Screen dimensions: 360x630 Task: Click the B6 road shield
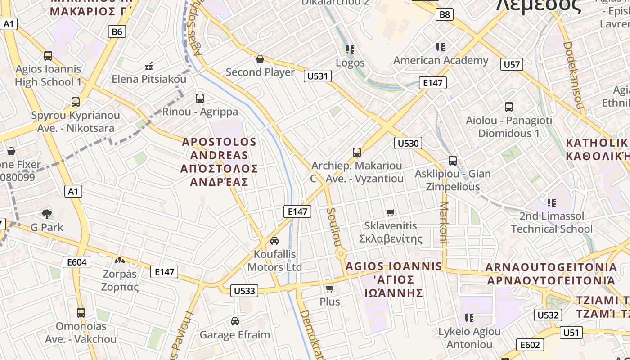tap(117, 31)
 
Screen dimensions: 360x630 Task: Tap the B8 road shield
tap(444, 14)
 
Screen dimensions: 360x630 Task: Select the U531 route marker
tap(318, 76)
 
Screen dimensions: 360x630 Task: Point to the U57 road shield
tap(512, 64)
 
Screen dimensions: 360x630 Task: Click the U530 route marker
tap(408, 144)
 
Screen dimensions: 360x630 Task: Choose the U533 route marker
tap(245, 291)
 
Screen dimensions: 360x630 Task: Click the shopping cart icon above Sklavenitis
tap(391, 212)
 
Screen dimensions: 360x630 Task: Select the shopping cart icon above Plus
tap(330, 288)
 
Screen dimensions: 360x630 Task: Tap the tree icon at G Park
tap(46, 214)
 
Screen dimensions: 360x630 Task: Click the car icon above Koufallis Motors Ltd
tap(274, 241)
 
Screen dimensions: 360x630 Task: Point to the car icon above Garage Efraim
tap(234, 321)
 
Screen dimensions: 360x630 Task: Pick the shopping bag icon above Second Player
tap(260, 59)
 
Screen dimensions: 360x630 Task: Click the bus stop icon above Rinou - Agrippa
tap(200, 98)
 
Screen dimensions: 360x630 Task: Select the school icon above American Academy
tap(441, 47)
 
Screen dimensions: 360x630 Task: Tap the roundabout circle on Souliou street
tap(341, 255)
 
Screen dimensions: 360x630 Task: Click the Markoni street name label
tap(444, 222)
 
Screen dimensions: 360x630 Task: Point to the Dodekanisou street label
tap(573, 76)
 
